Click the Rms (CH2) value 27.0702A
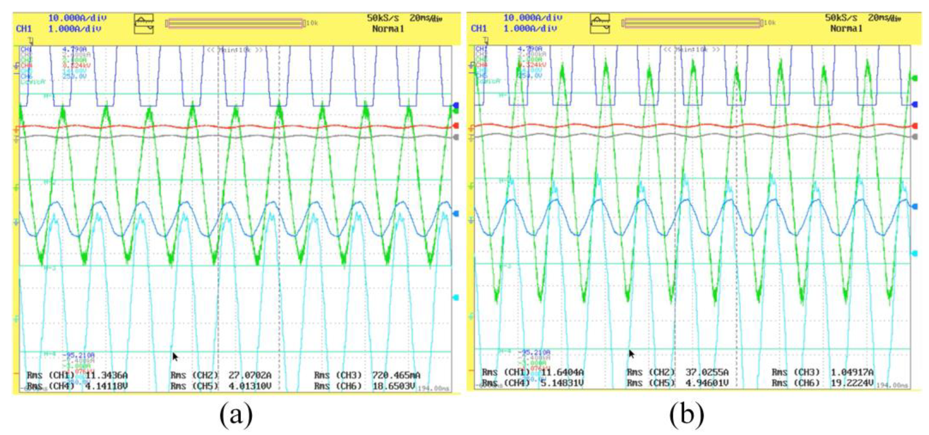click(250, 376)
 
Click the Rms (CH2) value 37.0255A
click(707, 372)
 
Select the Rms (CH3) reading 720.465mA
click(396, 376)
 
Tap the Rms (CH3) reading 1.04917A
click(852, 372)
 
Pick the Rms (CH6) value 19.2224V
click(852, 383)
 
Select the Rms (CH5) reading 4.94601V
click(707, 383)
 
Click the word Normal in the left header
click(388, 29)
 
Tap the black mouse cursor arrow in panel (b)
click(632, 353)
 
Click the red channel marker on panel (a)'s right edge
click(456, 125)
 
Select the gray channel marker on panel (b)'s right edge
click(915, 136)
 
